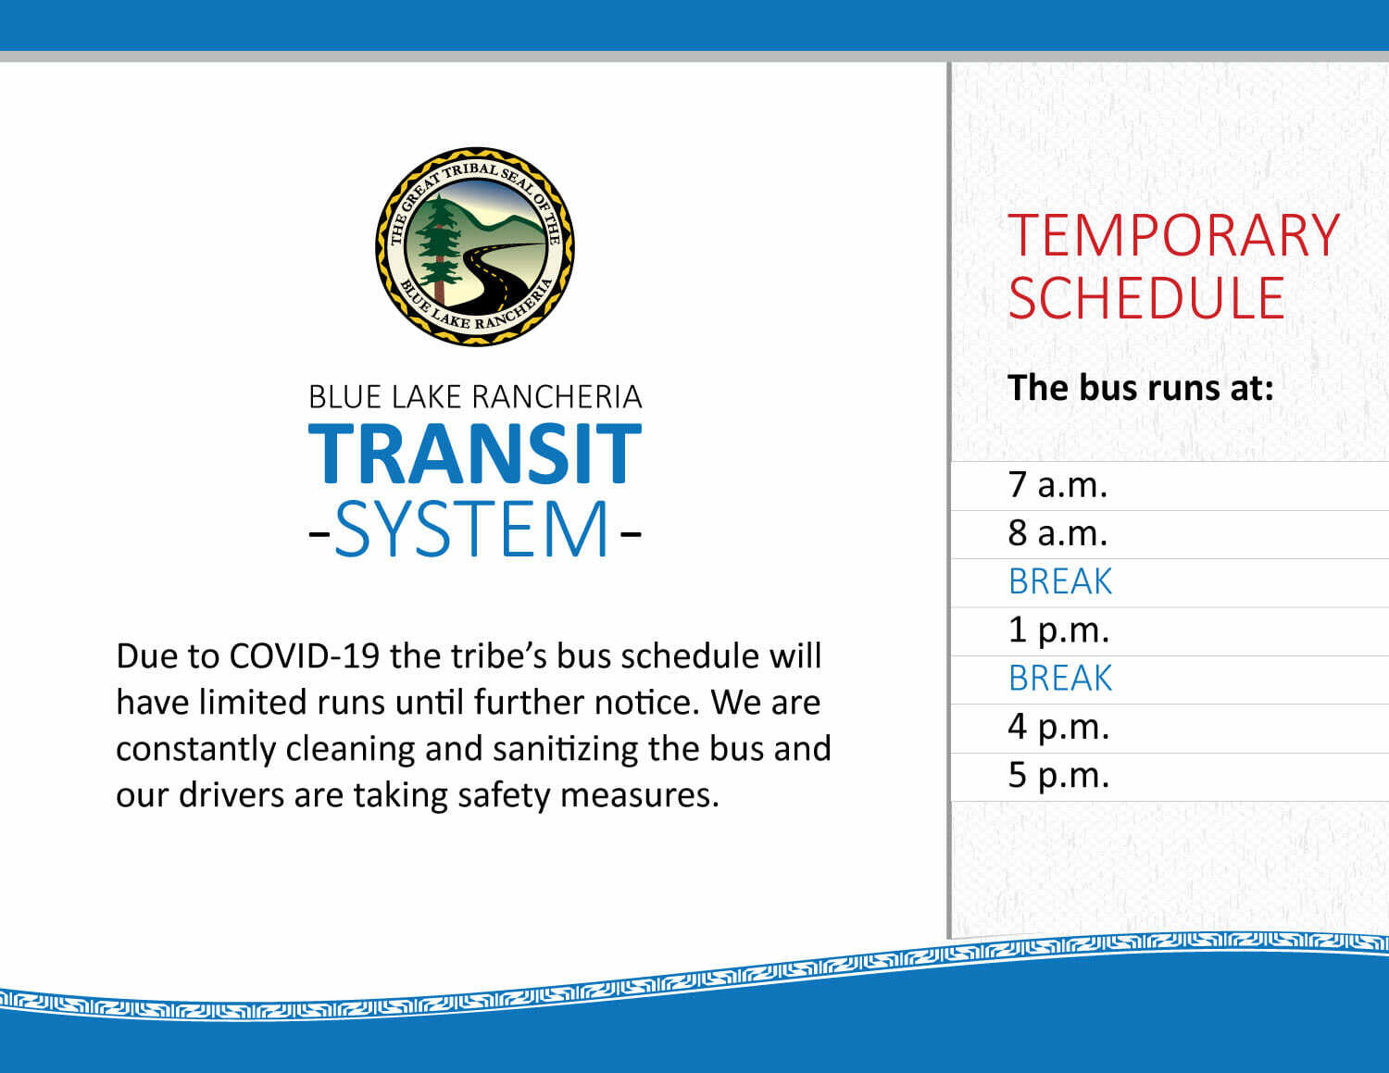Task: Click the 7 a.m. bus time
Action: click(1057, 484)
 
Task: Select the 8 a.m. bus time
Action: click(1057, 533)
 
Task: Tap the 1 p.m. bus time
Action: click(1058, 631)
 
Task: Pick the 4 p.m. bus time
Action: click(1058, 729)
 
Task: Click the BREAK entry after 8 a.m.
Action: click(1060, 581)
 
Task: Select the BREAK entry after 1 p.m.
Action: click(1060, 678)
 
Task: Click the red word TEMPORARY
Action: click(1173, 235)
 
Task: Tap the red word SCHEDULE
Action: click(1146, 298)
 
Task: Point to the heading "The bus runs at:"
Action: click(1140, 388)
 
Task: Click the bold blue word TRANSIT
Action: click(475, 453)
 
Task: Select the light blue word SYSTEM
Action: click(471, 528)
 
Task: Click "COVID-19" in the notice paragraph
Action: click(305, 656)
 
